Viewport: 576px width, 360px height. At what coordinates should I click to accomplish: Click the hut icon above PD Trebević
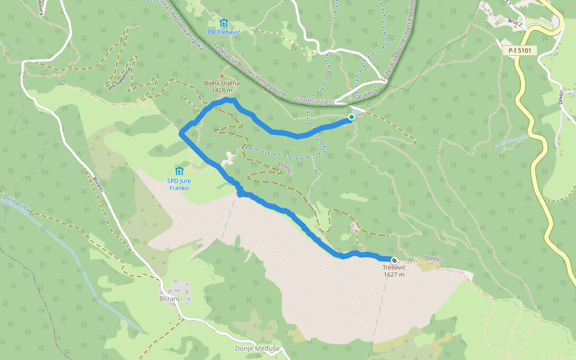(x=224, y=23)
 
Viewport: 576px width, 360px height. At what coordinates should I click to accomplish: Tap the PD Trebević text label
(x=224, y=32)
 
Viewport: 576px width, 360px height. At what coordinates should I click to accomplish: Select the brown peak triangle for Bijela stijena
(x=221, y=76)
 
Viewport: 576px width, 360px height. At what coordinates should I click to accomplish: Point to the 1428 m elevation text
(x=221, y=91)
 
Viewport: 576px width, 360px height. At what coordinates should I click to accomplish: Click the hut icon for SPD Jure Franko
(x=178, y=171)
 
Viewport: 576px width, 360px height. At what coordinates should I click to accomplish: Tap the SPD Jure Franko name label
(x=178, y=184)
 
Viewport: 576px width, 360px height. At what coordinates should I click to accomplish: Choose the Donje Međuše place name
(x=257, y=349)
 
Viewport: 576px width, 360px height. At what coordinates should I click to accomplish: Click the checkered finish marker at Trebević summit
(x=394, y=260)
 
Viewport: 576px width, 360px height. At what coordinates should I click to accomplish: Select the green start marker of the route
(x=352, y=117)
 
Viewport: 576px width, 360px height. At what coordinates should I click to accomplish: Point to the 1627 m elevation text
(x=394, y=275)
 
